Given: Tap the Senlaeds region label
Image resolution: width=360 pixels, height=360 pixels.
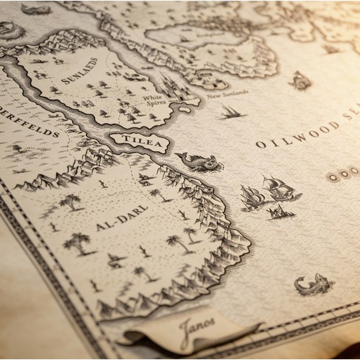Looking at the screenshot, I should [x=80, y=71].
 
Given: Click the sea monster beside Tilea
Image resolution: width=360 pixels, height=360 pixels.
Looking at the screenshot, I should [x=199, y=161].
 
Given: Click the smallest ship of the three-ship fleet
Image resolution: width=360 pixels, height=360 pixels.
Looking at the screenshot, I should [x=280, y=212].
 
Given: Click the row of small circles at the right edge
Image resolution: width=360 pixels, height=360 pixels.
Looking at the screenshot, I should [x=343, y=174].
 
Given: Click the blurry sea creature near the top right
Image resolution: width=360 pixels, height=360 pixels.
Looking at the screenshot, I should [x=301, y=81].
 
